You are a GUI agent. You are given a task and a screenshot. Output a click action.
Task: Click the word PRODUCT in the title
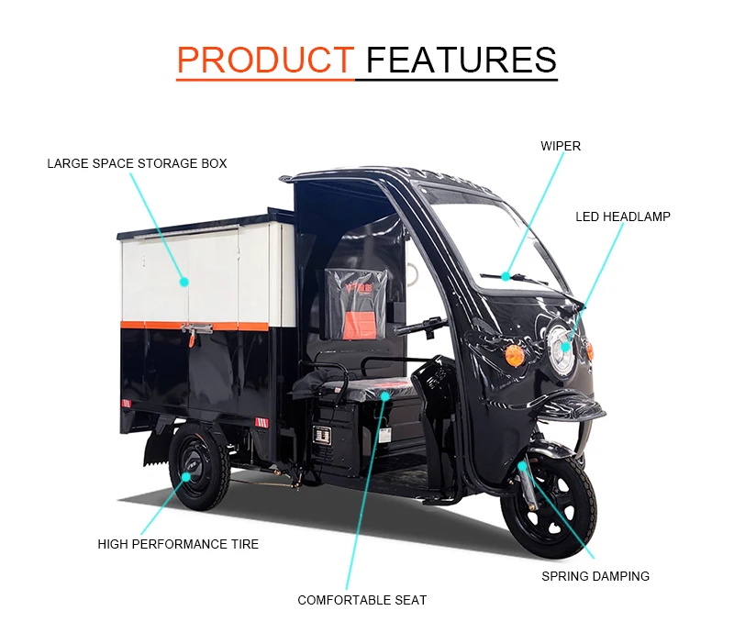(x=265, y=60)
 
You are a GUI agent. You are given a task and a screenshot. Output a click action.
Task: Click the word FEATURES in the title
(x=461, y=60)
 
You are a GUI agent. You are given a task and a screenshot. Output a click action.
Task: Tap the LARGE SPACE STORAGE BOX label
(x=137, y=163)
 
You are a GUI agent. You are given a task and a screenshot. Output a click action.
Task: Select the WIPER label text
(x=560, y=146)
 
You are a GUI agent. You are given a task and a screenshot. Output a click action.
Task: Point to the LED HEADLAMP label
(x=623, y=217)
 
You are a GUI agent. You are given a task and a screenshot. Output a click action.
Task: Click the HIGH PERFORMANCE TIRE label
(x=178, y=544)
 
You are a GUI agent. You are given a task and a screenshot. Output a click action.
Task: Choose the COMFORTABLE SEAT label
(x=361, y=600)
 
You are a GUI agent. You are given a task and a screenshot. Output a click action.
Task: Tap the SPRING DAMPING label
(x=595, y=576)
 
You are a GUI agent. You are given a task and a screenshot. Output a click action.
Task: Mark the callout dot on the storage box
(x=183, y=282)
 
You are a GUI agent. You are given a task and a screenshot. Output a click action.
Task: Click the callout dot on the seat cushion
(x=385, y=397)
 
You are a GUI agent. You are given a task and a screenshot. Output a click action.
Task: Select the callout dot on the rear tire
(x=187, y=476)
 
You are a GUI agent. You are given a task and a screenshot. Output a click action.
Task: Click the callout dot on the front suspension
(x=522, y=467)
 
